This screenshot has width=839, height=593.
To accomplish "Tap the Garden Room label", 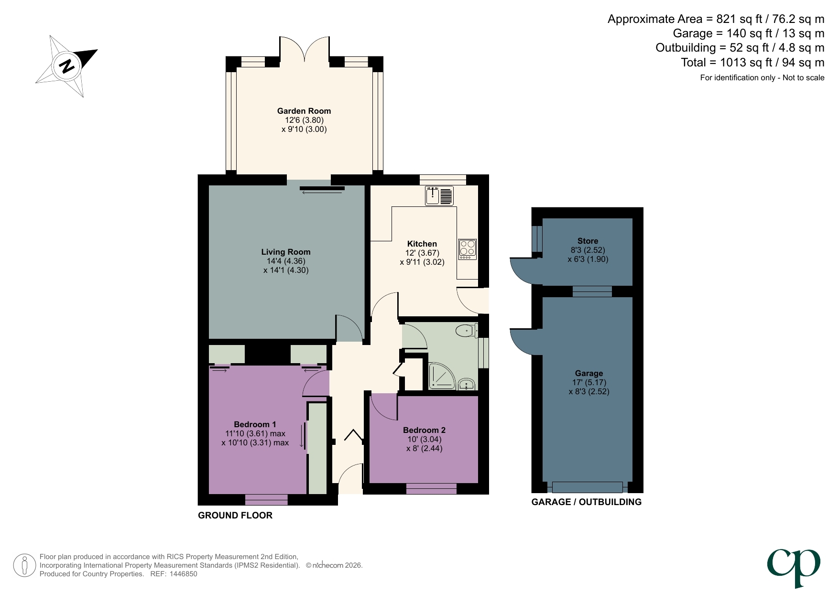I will click(x=304, y=111).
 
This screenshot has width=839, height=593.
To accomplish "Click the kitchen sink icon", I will click(x=439, y=196).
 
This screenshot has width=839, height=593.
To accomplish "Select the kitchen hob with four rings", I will click(x=467, y=249).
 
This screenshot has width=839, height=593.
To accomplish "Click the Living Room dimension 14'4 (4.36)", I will click(x=285, y=261).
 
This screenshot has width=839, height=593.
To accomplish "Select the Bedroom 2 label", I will click(x=424, y=430).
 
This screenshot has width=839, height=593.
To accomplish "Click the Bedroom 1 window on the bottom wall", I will click(x=266, y=500).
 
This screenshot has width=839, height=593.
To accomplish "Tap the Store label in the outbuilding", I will click(x=588, y=241).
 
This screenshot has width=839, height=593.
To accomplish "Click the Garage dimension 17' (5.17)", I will click(x=588, y=382).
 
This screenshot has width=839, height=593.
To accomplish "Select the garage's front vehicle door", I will click(x=587, y=487).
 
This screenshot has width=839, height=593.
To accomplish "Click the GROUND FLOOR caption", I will click(x=235, y=515).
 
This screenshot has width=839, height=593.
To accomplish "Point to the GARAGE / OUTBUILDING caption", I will click(x=586, y=502).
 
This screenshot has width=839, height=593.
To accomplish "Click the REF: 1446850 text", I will click(x=174, y=574).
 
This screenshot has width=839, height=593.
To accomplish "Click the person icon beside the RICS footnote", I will click(x=24, y=565).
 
